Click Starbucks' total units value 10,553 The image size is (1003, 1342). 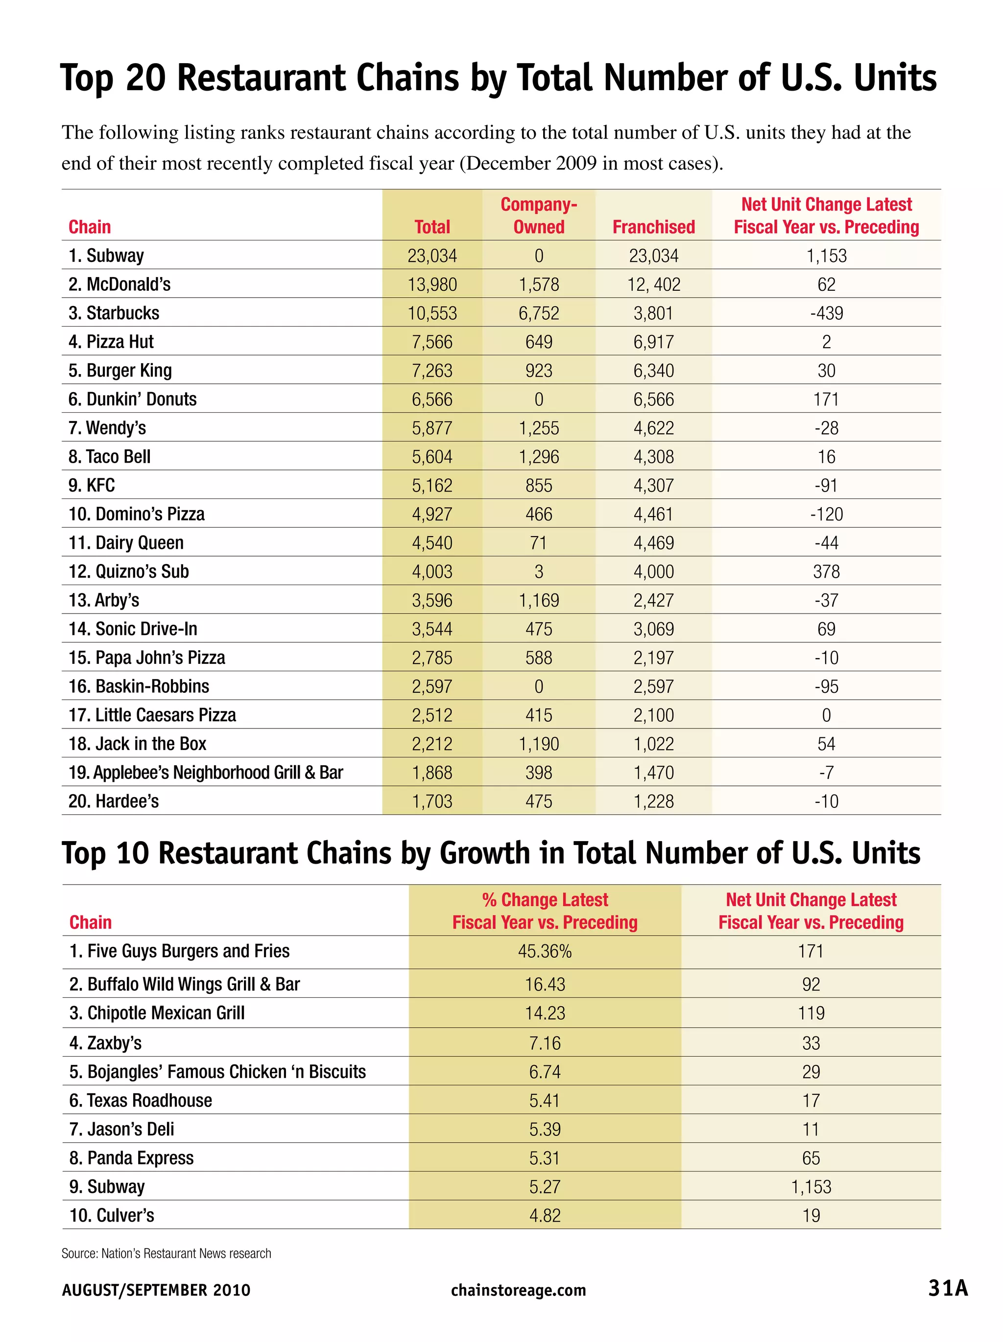pyautogui.click(x=432, y=313)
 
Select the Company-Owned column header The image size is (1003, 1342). pyautogui.click(x=538, y=215)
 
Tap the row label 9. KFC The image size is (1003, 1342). pyautogui.click(x=92, y=485)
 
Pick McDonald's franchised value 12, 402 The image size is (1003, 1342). pyautogui.click(x=653, y=284)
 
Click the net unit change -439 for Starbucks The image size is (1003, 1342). pyautogui.click(x=826, y=313)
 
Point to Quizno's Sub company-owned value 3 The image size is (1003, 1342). pyautogui.click(x=538, y=571)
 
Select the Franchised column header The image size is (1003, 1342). pyautogui.click(x=653, y=227)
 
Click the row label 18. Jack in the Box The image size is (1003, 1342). pyautogui.click(x=137, y=744)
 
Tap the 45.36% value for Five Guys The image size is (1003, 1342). pyautogui.click(x=544, y=951)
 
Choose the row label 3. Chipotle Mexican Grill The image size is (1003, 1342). pyautogui.click(x=157, y=1013)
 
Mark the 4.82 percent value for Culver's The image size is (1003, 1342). pyautogui.click(x=544, y=1216)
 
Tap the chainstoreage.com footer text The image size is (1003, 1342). pyautogui.click(x=518, y=1290)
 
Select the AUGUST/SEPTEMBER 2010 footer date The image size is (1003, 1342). pyautogui.click(x=156, y=1290)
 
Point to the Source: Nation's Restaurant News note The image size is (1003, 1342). pyautogui.click(x=166, y=1253)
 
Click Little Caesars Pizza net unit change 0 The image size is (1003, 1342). pyautogui.click(x=826, y=715)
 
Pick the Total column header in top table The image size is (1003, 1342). pyautogui.click(x=432, y=227)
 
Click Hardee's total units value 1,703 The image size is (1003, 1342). pyautogui.click(x=432, y=801)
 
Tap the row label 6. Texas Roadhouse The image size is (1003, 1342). pyautogui.click(x=141, y=1101)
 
